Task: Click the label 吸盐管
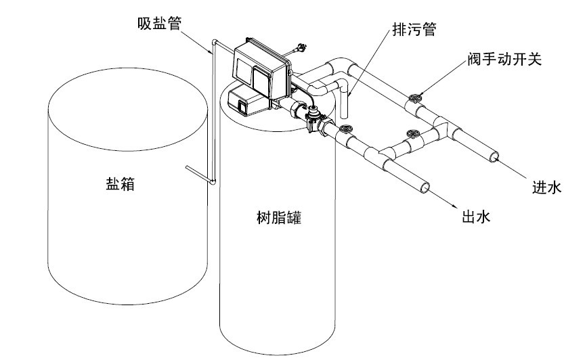[x=159, y=24]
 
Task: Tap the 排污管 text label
[x=414, y=29]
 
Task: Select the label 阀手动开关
[x=504, y=60]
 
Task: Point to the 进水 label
[x=546, y=187]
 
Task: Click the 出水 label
[x=476, y=217]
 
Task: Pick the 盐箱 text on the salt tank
[x=120, y=184]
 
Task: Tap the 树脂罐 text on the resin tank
[x=279, y=218]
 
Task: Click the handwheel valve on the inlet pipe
[x=415, y=98]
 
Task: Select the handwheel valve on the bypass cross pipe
[x=413, y=134]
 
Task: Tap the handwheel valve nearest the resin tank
[x=346, y=129]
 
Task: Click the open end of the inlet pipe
[x=494, y=157]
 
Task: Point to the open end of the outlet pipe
[x=425, y=187]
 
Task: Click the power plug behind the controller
[x=301, y=47]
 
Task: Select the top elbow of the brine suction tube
[x=215, y=42]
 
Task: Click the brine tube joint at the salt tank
[x=213, y=182]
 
